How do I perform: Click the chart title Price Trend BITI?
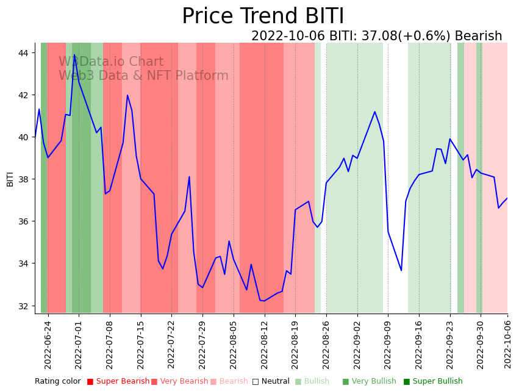[x=263, y=16]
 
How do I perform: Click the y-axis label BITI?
[x=10, y=179]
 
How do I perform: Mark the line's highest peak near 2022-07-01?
[x=74, y=55]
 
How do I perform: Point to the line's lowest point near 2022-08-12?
[x=263, y=301]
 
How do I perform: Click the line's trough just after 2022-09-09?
[x=401, y=270]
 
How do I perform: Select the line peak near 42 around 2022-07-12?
[x=127, y=95]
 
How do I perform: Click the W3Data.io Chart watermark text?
[x=111, y=62]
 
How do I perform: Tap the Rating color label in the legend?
[x=57, y=381]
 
